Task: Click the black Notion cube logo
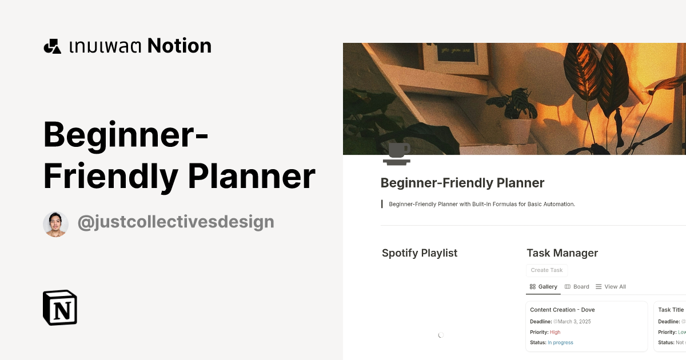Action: [x=60, y=307]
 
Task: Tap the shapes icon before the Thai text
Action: [x=53, y=46]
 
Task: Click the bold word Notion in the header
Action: [x=180, y=46]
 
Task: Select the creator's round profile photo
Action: [x=55, y=224]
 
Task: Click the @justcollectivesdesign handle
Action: [x=176, y=222]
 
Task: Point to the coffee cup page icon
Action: [x=397, y=154]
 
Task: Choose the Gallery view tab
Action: [x=544, y=287]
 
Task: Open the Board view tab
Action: [x=577, y=287]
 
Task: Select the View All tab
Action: [x=611, y=287]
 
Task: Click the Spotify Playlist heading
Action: [x=420, y=253]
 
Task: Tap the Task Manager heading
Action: [x=562, y=253]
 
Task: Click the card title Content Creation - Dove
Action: [x=562, y=310]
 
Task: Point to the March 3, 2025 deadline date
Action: [x=574, y=322]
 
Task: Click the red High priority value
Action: [x=555, y=332]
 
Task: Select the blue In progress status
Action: [x=560, y=343]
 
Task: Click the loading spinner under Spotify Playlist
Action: [x=441, y=335]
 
